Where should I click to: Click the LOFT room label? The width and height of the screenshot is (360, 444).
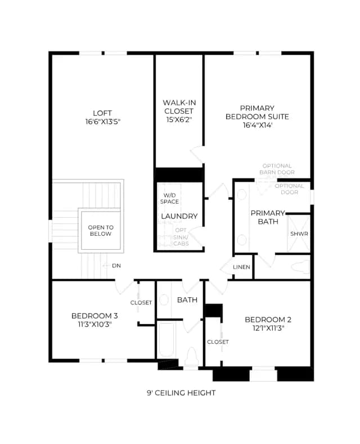pyautogui.click(x=102, y=113)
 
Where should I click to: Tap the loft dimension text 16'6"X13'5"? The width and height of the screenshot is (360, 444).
pyautogui.click(x=103, y=122)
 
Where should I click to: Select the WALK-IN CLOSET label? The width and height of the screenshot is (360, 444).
pyautogui.click(x=179, y=107)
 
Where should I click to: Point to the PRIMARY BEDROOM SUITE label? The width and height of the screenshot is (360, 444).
pyautogui.click(x=257, y=113)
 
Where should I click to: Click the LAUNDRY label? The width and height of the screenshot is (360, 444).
pyautogui.click(x=179, y=216)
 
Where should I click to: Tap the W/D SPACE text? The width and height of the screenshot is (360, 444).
pyautogui.click(x=169, y=199)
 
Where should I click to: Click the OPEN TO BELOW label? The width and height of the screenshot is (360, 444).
pyautogui.click(x=101, y=231)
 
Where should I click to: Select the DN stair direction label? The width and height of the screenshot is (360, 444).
pyautogui.click(x=116, y=266)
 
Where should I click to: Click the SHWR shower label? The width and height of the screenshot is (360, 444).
pyautogui.click(x=299, y=234)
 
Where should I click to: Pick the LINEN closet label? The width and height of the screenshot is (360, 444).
pyautogui.click(x=241, y=267)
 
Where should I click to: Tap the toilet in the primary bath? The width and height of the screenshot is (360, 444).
pyautogui.click(x=300, y=267)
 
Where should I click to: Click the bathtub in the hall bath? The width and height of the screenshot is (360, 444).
pyautogui.click(x=166, y=340)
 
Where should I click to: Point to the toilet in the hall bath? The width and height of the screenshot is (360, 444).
pyautogui.click(x=191, y=357)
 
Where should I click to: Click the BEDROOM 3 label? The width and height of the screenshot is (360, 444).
pyautogui.click(x=94, y=316)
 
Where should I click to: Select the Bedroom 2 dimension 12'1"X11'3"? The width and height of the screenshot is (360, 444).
pyautogui.click(x=268, y=328)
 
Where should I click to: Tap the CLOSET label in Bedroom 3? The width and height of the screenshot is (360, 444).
pyautogui.click(x=141, y=303)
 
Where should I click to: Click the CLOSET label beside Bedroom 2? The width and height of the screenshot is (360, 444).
pyautogui.click(x=218, y=342)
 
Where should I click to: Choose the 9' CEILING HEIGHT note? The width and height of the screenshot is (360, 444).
pyautogui.click(x=181, y=393)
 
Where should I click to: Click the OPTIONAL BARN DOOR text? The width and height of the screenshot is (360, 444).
pyautogui.click(x=277, y=169)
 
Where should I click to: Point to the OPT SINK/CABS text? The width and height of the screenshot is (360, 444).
pyautogui.click(x=181, y=237)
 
